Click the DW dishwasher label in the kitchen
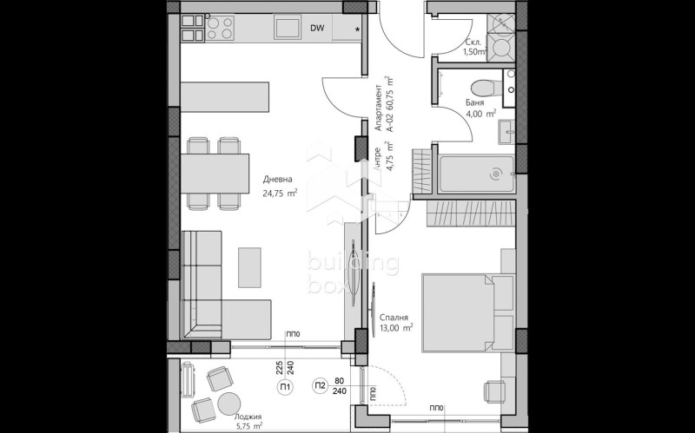(318, 29)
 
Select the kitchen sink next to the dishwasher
(288, 29)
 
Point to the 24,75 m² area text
(281, 194)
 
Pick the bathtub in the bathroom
(475, 174)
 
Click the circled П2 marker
(320, 388)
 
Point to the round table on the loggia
(228, 404)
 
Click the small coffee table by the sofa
(250, 266)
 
